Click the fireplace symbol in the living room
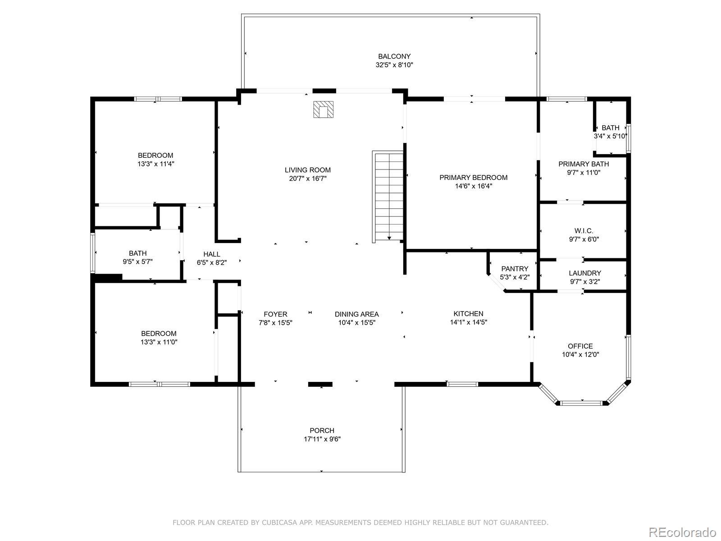(323, 110)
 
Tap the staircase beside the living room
(388, 197)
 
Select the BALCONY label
(394, 56)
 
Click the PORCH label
(322, 430)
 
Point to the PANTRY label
(515, 269)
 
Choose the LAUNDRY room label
(585, 273)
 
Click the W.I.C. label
(584, 231)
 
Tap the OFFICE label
(580, 346)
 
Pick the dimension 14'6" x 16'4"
(473, 186)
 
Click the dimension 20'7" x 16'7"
(307, 179)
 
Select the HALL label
(211, 254)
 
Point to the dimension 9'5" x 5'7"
(137, 262)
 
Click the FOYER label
(275, 314)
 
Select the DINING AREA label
(357, 314)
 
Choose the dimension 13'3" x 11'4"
(156, 164)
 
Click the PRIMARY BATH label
(584, 164)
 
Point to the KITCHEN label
(468, 314)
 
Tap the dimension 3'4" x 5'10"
(611, 136)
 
